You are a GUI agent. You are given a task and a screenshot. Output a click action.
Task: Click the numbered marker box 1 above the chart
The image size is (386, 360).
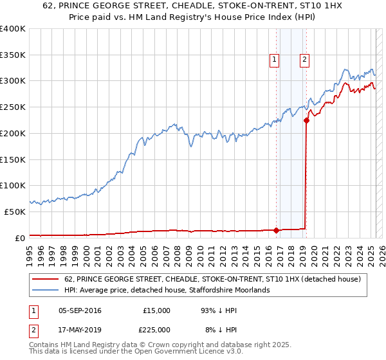pyautogui.click(x=274, y=60)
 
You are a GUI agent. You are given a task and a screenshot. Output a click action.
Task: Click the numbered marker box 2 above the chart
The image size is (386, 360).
pyautogui.click(x=304, y=60)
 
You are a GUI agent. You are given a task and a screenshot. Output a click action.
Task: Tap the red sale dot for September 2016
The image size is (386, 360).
pyautogui.click(x=277, y=230)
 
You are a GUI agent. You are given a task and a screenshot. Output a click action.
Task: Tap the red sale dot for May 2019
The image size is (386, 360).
pyautogui.click(x=307, y=120)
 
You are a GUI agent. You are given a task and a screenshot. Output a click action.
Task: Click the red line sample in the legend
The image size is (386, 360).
pyautogui.click(x=44, y=279)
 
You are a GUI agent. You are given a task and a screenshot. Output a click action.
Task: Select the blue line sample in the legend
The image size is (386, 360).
pyautogui.click(x=44, y=290)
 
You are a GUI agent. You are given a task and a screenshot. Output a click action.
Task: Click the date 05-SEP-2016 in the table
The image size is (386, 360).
pyautogui.click(x=80, y=310)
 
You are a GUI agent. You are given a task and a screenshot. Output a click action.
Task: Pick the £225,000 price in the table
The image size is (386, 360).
pyautogui.click(x=156, y=329)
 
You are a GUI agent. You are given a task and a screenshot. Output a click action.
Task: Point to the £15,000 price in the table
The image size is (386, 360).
pyautogui.click(x=156, y=310)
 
